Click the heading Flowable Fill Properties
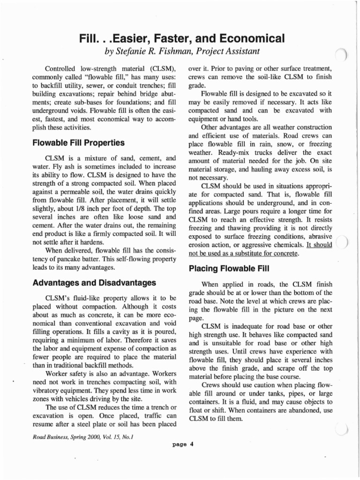(78, 142)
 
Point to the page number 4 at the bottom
(192, 446)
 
